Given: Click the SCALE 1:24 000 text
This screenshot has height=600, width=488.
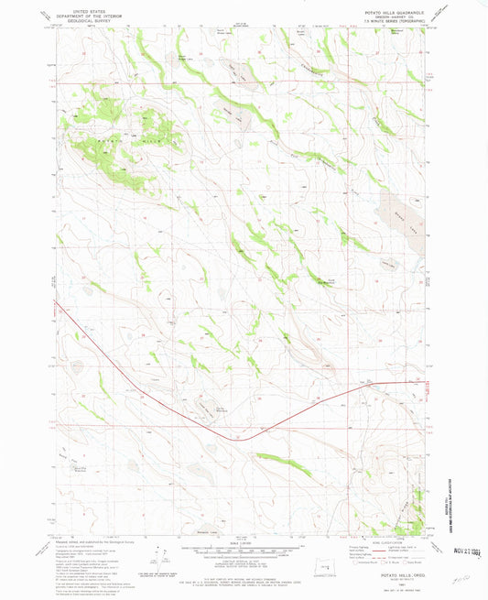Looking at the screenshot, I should (244, 542).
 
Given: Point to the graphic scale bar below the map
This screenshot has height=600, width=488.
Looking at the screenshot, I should (244, 551).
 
